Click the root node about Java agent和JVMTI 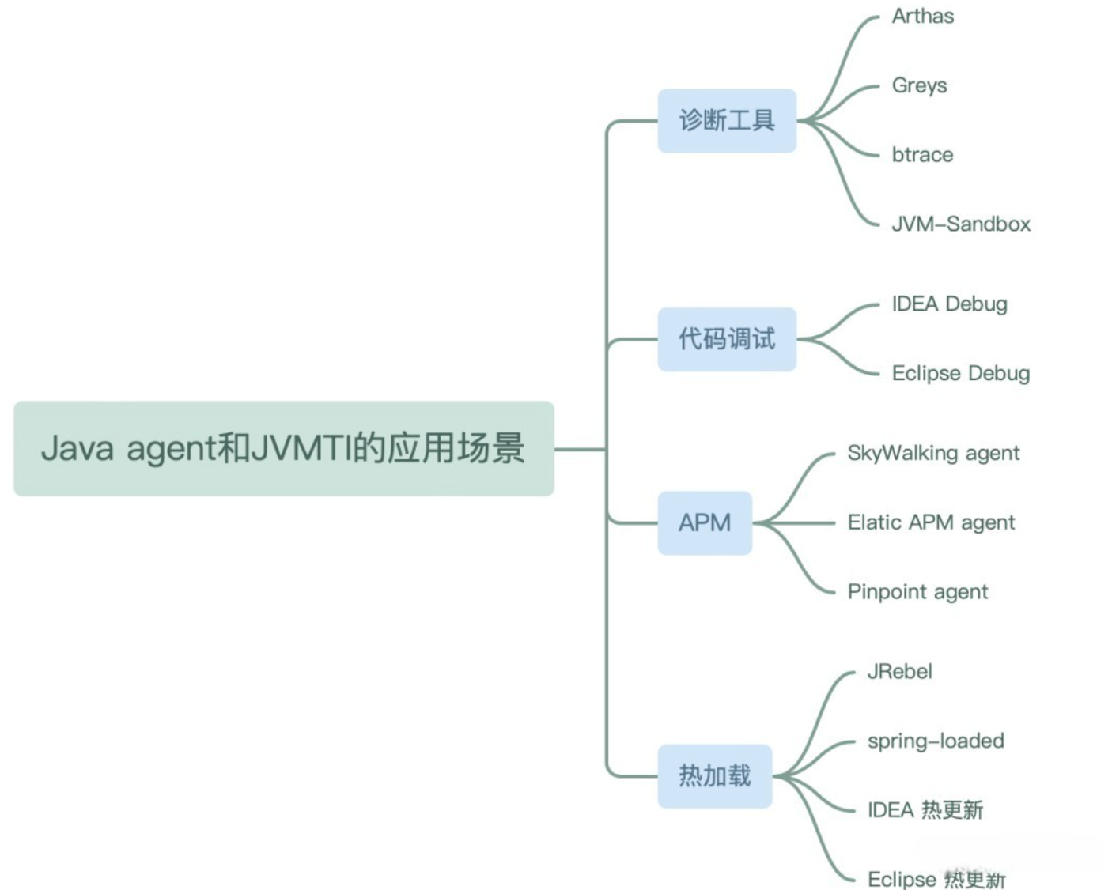283,448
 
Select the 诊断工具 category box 726,121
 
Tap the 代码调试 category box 726,339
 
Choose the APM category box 704,522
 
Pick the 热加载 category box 714,775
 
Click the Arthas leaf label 922,16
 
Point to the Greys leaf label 919,85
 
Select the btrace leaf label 922,155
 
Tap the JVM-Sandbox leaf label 961,224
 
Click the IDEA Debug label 949,304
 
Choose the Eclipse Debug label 960,373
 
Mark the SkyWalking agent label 933,453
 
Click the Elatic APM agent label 931,522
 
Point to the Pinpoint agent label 917,592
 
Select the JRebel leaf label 899,672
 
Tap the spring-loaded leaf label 936,741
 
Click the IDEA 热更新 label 925,810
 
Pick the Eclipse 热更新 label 936,879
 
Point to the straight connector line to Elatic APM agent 799,522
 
